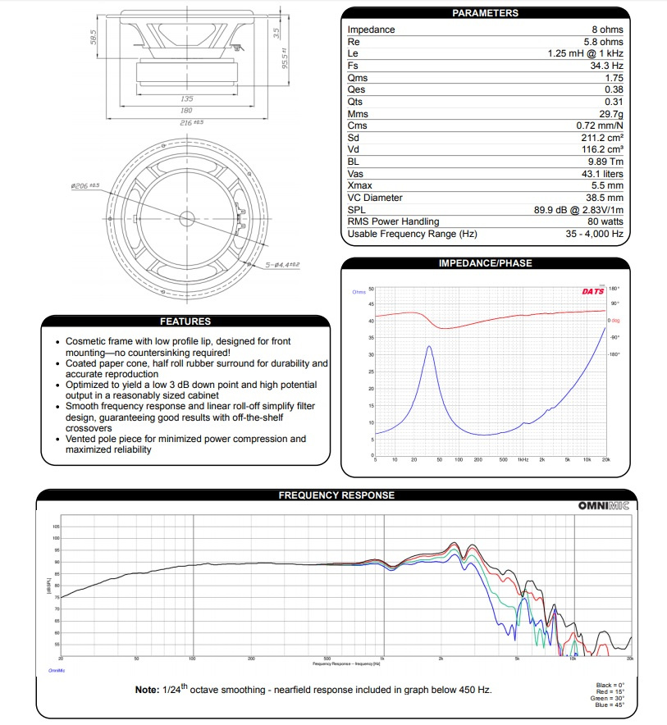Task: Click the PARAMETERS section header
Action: [x=485, y=13]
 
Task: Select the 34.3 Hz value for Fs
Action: [x=605, y=66]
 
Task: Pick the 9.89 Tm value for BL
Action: [x=604, y=162]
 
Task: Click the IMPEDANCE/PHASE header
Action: [x=485, y=263]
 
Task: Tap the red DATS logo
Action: [x=592, y=291]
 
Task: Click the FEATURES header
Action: [x=185, y=321]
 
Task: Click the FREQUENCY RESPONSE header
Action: [x=336, y=495]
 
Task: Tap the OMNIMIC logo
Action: [x=603, y=507]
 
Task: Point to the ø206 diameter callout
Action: [x=85, y=186]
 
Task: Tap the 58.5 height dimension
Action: [x=95, y=38]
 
